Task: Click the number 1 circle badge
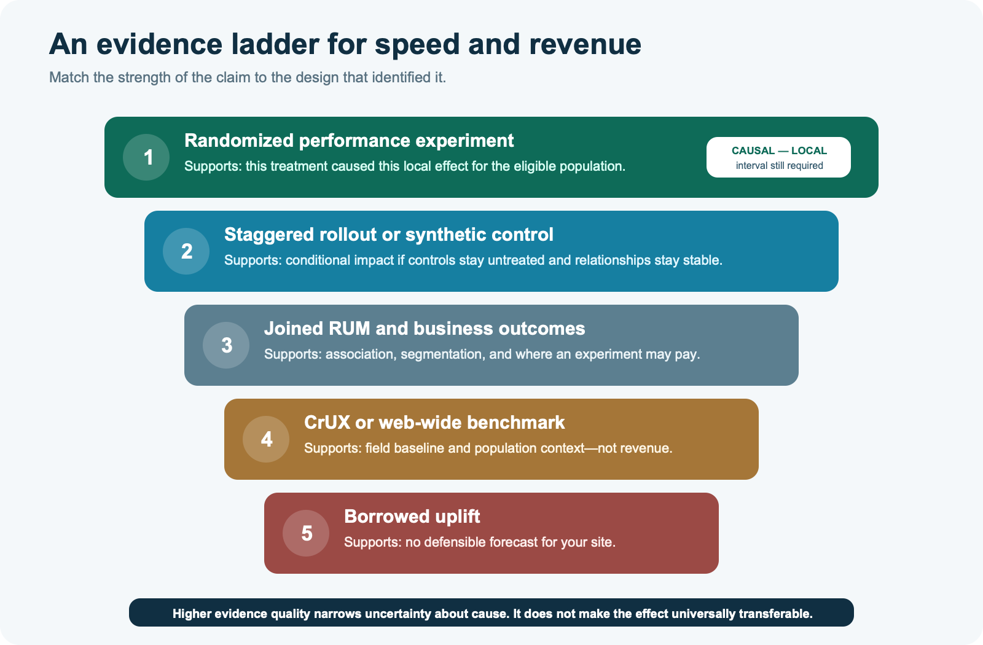[x=146, y=157]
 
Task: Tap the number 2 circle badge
[x=186, y=251]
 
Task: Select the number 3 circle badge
[x=226, y=345]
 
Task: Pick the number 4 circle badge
[x=266, y=439]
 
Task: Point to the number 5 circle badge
[x=306, y=533]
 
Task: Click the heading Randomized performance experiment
[x=349, y=141]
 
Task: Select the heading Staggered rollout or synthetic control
[x=389, y=235]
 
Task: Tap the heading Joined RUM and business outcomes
[x=425, y=329]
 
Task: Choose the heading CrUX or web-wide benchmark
[x=434, y=423]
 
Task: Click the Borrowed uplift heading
[x=412, y=517]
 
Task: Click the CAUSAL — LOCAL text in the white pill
[x=779, y=150]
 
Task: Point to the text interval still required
[x=780, y=165]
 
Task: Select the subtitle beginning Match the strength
[x=248, y=77]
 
